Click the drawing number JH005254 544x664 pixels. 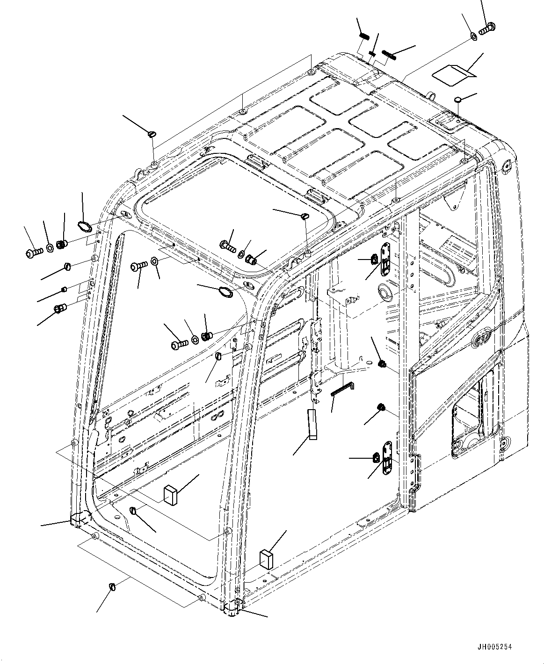click(494, 647)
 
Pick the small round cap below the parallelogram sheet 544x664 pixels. click(458, 100)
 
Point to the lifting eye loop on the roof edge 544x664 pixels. click(431, 94)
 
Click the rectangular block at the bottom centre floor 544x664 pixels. click(266, 559)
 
